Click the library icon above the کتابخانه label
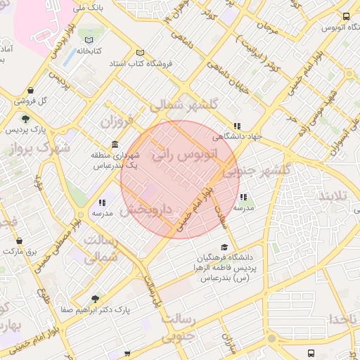pos(89,39)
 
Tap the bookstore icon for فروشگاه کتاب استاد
pos(141,53)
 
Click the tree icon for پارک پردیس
pos(26,119)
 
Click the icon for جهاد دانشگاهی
pos(237,126)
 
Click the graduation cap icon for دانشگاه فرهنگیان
pos(224,247)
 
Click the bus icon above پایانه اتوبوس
pos(345,16)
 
